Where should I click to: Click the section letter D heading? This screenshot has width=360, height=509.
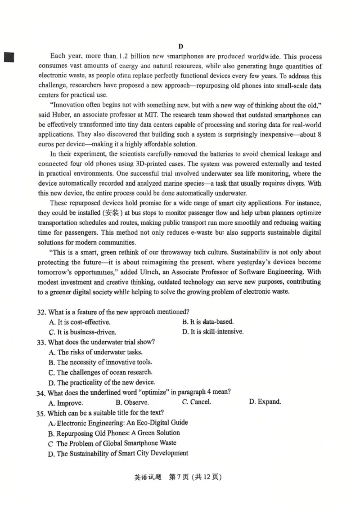pos(180,46)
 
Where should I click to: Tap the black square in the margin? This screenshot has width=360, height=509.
pos(8,57)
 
